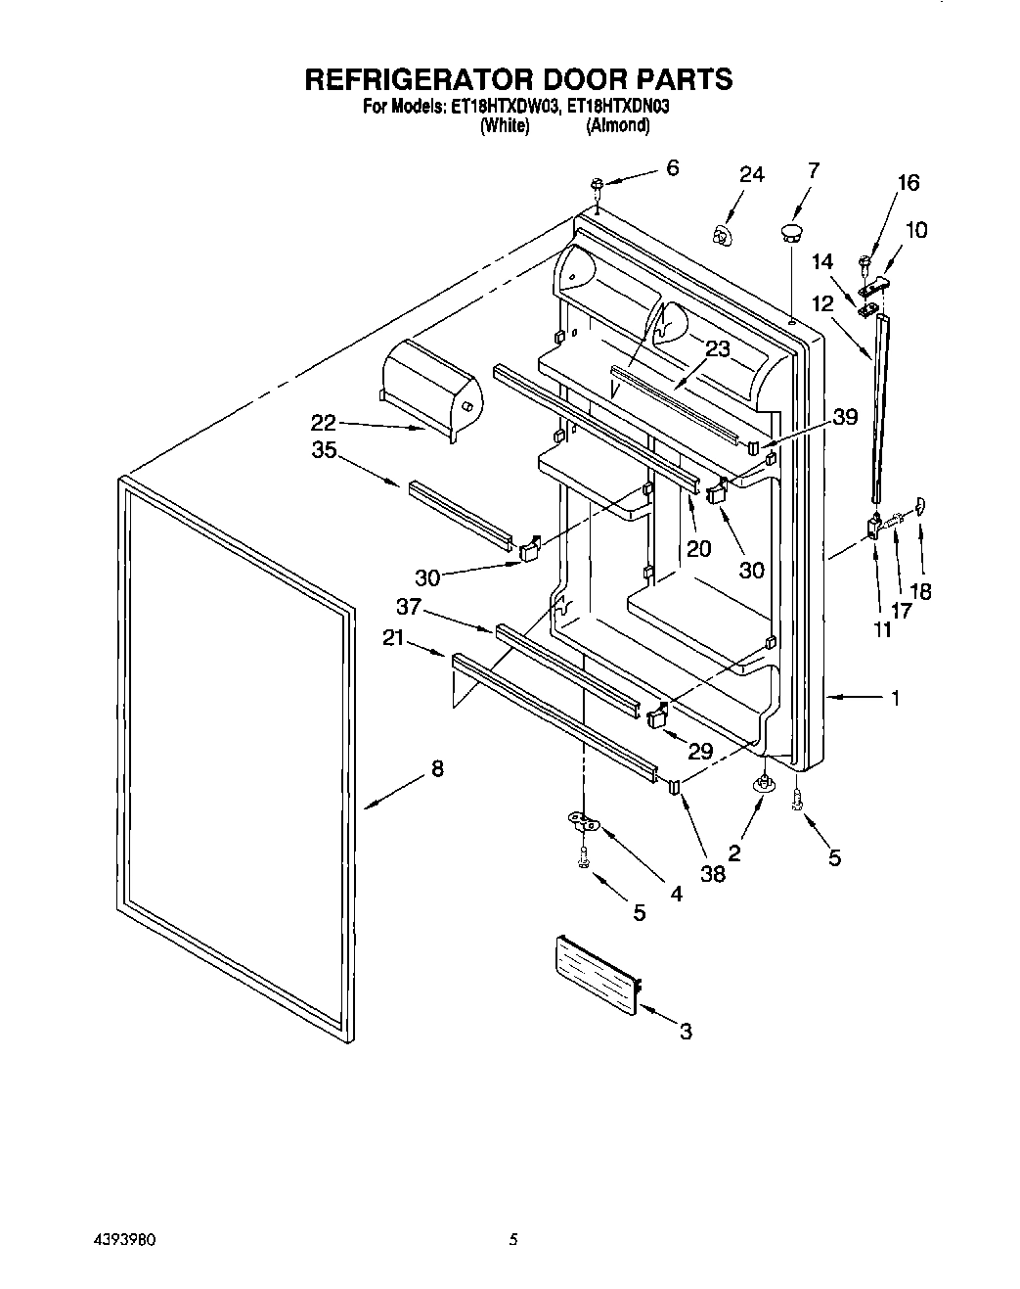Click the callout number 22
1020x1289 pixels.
point(324,423)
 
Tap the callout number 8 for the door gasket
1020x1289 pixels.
point(437,769)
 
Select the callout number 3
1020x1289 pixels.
point(686,1031)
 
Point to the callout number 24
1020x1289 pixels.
point(751,175)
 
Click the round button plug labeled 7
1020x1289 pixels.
point(790,232)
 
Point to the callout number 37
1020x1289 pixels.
point(409,608)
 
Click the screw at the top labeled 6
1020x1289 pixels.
point(596,185)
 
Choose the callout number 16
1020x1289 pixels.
point(908,183)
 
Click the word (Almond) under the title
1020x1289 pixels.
point(617,125)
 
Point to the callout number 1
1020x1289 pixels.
point(894,698)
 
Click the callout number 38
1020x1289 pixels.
point(713,873)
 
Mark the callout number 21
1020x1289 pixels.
point(393,639)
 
